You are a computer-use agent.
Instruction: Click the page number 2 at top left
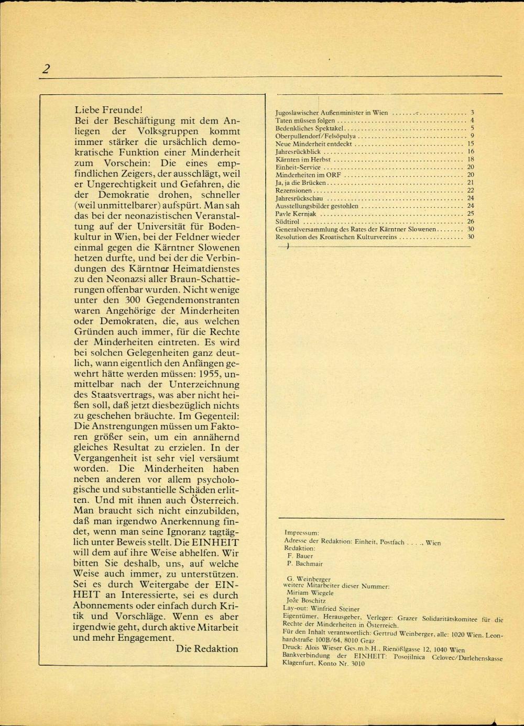(x=46, y=69)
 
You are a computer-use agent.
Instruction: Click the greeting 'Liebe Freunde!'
(x=108, y=110)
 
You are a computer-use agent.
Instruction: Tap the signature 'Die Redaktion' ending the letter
(x=207, y=649)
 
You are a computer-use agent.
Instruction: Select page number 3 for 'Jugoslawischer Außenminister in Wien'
(x=472, y=113)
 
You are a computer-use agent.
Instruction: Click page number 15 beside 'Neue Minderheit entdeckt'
(x=471, y=143)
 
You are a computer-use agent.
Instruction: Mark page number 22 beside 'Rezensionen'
(x=471, y=191)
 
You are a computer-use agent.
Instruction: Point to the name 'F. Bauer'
(x=300, y=556)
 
